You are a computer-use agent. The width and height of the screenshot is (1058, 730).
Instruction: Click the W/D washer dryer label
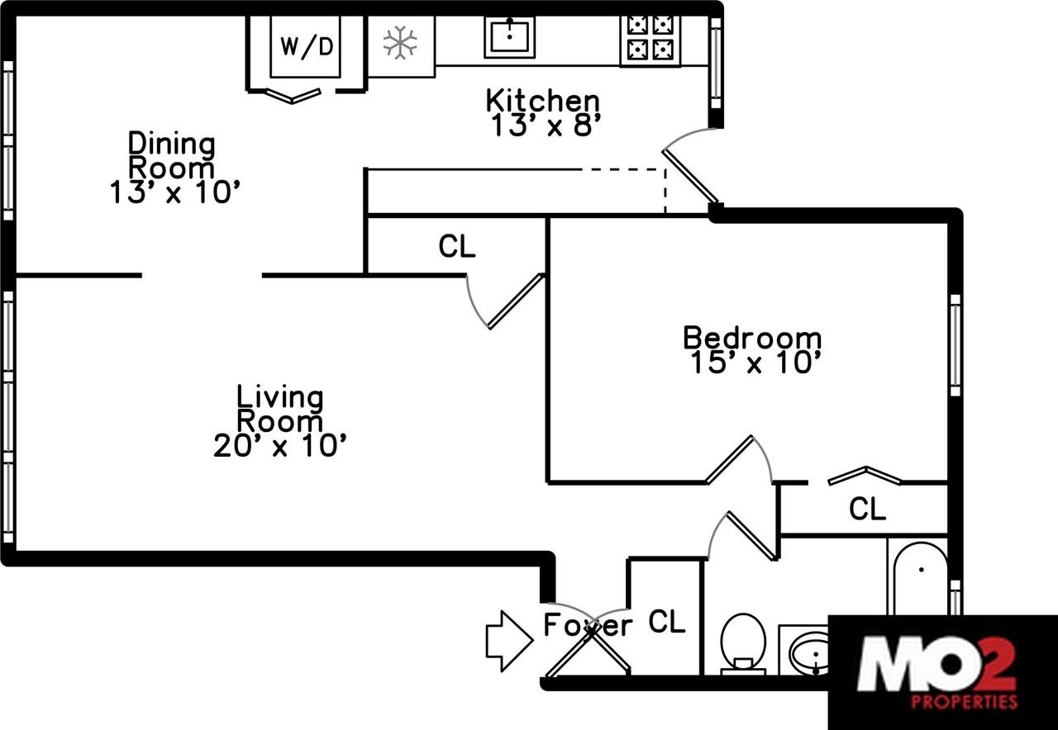pos(306,46)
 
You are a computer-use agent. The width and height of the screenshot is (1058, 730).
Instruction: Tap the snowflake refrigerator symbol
pos(400,43)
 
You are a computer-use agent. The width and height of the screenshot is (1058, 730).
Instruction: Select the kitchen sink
pos(509,37)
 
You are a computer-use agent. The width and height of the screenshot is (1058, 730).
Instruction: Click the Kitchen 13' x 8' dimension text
pos(542,126)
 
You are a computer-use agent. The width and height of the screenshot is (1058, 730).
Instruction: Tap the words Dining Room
pos(172,155)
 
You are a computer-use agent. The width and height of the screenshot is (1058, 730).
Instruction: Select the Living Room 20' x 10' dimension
pos(279,447)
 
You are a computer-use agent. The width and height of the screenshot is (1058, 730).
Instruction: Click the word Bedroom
pos(752,338)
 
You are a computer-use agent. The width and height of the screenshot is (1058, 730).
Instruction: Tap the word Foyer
pos(588,625)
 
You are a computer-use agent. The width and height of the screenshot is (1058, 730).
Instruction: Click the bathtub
pos(920,578)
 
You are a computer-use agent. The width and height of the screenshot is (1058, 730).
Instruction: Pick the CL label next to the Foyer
pos(667,622)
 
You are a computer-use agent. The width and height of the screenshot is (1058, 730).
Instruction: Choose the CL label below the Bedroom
pos(867,509)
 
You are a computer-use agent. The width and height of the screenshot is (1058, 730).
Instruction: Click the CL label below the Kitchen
pos(457,246)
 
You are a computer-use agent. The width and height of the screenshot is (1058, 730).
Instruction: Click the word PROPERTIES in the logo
pos(964,703)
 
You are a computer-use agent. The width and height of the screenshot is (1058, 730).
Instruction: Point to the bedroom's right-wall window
pos(955,345)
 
